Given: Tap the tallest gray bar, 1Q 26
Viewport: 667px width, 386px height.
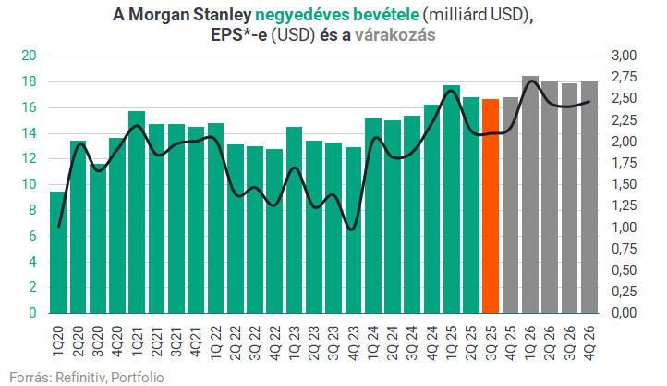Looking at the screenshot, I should tap(530, 194).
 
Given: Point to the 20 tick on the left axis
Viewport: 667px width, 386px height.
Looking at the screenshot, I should tap(29, 56).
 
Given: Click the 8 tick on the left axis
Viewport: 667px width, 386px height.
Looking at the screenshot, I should tap(31, 210).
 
